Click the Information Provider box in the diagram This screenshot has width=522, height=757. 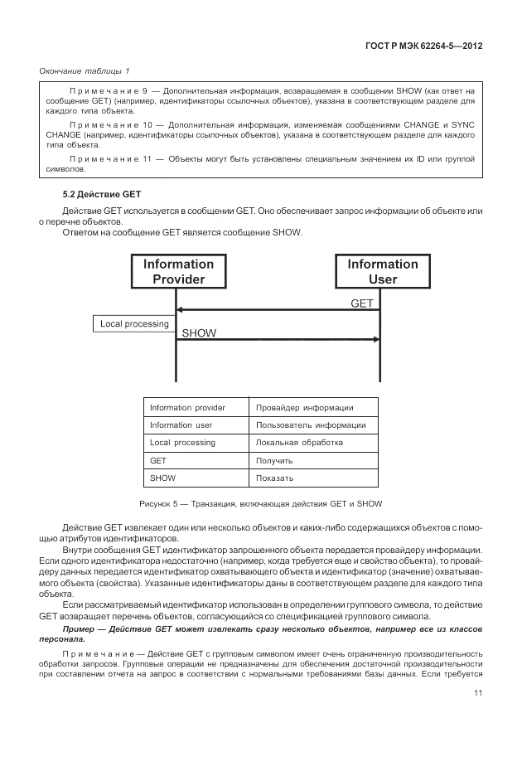point(177,271)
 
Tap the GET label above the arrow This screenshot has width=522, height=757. point(362,303)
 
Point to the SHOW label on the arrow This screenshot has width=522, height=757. point(199,333)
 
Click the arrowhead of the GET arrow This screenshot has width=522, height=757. point(181,310)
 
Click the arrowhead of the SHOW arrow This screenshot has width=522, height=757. point(377,339)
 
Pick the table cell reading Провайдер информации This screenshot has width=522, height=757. point(305,407)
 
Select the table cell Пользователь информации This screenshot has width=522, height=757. point(311,425)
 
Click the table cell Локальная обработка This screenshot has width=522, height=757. point(299,443)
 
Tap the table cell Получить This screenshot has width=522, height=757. point(274,460)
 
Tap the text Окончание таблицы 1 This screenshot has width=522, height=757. point(85,70)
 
